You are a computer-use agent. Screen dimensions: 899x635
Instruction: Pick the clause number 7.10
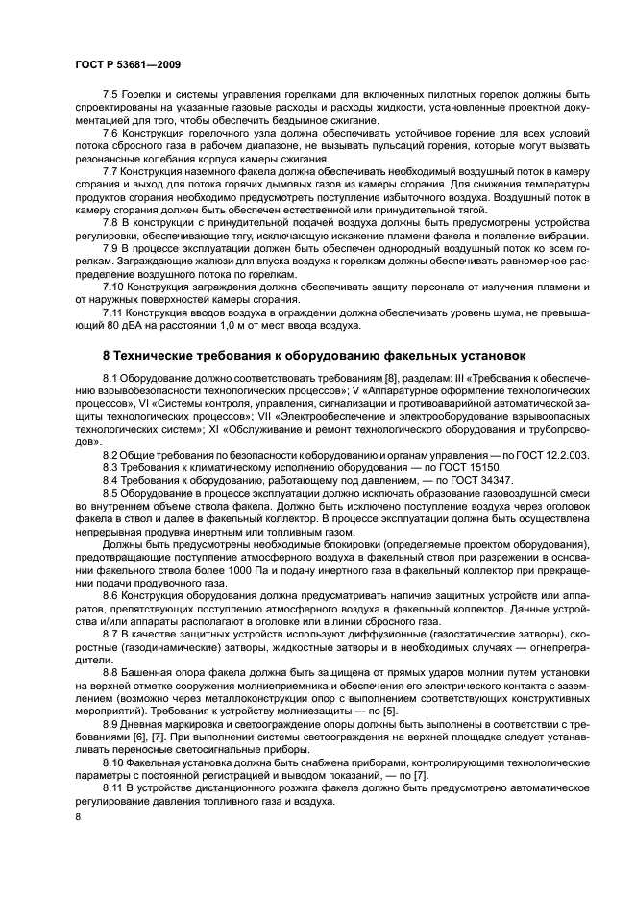(x=114, y=287)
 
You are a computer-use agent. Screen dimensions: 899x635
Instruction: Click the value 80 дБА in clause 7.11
(x=99, y=325)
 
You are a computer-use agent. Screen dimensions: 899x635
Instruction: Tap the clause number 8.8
(x=111, y=670)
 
